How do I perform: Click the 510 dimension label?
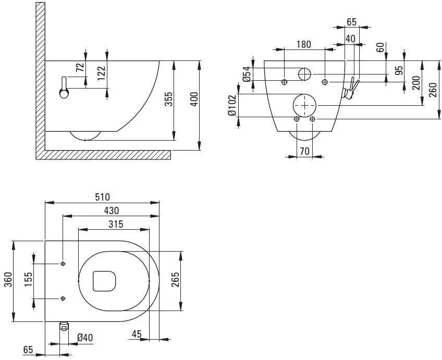(x=102, y=197)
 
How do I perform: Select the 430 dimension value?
(x=112, y=210)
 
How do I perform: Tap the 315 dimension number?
(x=116, y=224)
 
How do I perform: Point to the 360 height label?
(x=9, y=280)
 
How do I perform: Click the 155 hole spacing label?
(x=28, y=280)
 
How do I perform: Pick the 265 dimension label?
(x=175, y=280)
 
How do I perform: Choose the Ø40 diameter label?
(x=85, y=338)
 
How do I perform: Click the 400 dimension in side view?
(x=194, y=100)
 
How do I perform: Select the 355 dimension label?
(x=168, y=99)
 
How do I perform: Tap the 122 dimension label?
(x=101, y=73)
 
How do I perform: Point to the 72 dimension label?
(x=80, y=67)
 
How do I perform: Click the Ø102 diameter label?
(x=232, y=106)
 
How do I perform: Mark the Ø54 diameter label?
(x=247, y=74)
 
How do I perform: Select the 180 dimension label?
(x=303, y=44)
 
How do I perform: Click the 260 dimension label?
(x=434, y=90)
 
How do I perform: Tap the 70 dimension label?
(x=304, y=151)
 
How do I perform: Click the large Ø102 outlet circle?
(x=305, y=94)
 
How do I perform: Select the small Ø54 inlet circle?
(x=304, y=68)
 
